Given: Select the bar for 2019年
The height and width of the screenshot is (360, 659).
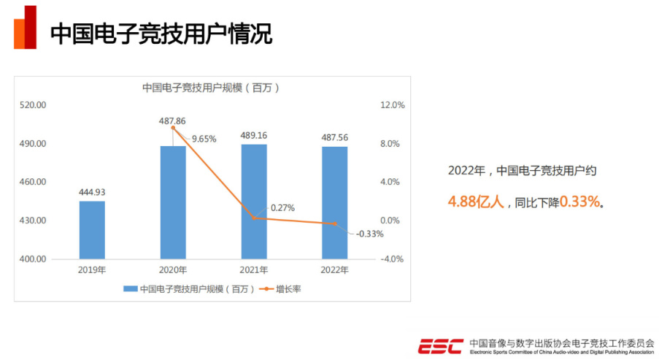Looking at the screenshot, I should click(x=92, y=229).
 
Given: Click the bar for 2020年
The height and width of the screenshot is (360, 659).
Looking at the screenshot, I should click(x=173, y=202).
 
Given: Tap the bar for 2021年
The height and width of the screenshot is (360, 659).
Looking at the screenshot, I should click(x=254, y=202).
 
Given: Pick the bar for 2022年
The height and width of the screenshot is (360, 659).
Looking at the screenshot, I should click(x=335, y=202).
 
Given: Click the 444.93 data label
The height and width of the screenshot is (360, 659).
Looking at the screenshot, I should click(x=92, y=193).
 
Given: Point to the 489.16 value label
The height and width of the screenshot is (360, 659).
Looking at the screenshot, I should click(x=254, y=135).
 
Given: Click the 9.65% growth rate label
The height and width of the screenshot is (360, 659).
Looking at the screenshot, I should click(x=204, y=139).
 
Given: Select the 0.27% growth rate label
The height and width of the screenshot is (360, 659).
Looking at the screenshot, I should click(x=282, y=207).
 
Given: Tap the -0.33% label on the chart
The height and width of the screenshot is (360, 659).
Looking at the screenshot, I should click(x=369, y=234).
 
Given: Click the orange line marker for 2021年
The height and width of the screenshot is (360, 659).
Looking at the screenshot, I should click(x=254, y=218).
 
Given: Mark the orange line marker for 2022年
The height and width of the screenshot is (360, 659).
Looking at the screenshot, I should click(x=335, y=223).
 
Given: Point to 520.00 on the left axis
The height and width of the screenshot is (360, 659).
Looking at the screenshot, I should click(x=34, y=105).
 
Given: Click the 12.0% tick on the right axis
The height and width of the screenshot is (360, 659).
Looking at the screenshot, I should click(x=392, y=105).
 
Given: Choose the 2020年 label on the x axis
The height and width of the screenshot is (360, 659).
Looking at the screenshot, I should click(x=173, y=270).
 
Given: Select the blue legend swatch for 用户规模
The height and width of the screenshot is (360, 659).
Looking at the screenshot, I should click(x=130, y=289).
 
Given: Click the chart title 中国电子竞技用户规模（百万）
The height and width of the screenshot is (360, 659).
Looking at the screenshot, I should click(x=211, y=87).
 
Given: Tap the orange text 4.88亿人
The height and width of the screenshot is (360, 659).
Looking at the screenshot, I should click(x=476, y=202).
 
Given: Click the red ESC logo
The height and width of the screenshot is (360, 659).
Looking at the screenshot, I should click(x=439, y=345).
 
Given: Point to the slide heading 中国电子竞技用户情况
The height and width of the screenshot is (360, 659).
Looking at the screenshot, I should click(x=161, y=34).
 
